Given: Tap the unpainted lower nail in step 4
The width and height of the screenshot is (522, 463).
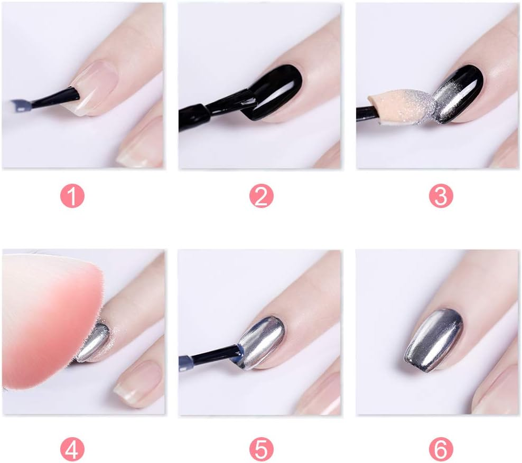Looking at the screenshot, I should coord(138,383).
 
